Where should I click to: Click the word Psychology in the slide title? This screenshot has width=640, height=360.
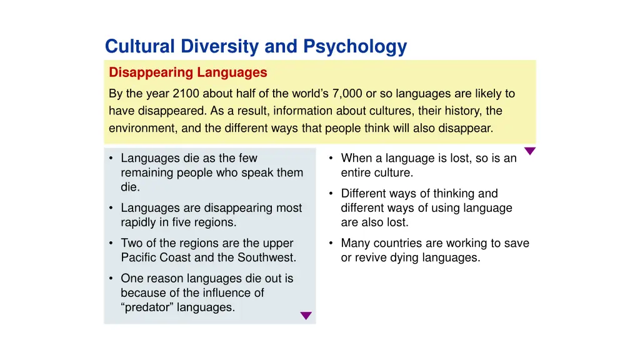355,47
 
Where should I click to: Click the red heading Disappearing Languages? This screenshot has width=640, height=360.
188,72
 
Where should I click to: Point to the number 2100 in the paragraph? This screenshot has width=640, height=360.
186,94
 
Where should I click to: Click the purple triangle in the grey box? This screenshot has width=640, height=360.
306,316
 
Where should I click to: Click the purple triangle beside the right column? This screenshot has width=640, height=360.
530,151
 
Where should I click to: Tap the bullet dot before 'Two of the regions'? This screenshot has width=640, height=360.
111,243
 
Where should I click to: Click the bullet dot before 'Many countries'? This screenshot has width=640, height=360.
331,243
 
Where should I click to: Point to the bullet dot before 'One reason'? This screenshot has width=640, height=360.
111,279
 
